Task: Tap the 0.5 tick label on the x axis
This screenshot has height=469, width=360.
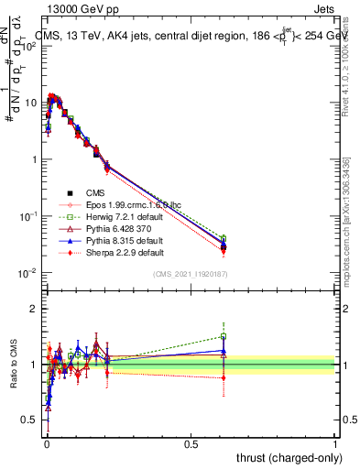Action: (191, 442)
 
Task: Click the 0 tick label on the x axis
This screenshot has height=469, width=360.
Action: (47, 442)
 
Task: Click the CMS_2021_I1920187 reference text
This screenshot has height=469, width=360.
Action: (191, 273)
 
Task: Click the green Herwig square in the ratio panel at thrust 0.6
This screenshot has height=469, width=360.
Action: (224, 336)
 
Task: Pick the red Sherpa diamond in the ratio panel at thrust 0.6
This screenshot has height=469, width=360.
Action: (224, 377)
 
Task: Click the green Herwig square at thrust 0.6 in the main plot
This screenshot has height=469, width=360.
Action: (224, 239)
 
